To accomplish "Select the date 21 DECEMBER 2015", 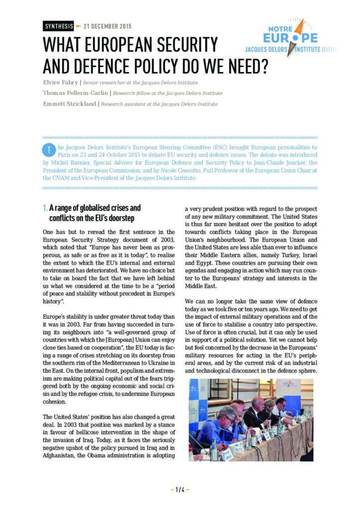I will pos(107,26).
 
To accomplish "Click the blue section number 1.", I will pos(45,208).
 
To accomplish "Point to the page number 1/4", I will pos(180,490).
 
